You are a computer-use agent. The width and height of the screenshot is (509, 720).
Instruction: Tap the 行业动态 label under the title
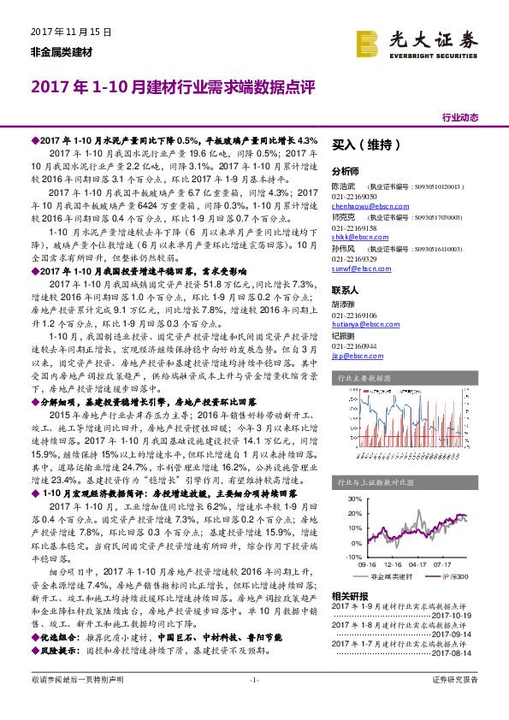tap(460, 117)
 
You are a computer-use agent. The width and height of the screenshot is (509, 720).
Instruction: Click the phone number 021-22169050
tap(355, 197)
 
